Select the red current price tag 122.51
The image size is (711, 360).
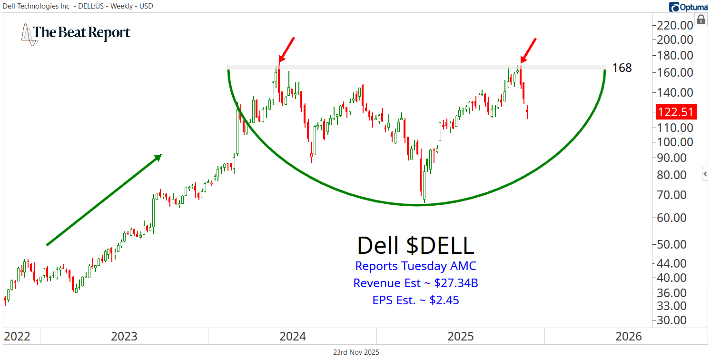[676, 112]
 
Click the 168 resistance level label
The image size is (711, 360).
[622, 68]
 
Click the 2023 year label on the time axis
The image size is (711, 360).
[124, 337]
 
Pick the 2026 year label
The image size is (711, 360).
[629, 337]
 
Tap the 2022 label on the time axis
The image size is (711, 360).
[17, 337]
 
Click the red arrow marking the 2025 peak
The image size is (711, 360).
[528, 50]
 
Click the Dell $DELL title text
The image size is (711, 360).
[415, 245]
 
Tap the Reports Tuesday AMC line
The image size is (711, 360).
[415, 266]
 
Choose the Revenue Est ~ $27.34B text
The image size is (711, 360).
[415, 283]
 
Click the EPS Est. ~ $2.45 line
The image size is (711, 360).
[415, 300]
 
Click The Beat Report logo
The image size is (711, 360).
[76, 33]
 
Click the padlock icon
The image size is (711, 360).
[701, 20]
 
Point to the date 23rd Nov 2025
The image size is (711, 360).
[356, 352]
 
